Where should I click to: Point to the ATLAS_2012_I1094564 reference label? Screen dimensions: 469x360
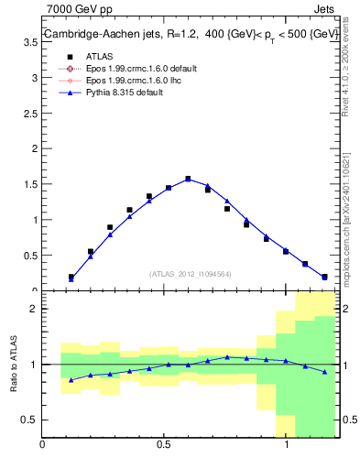pyautogui.click(x=190, y=273)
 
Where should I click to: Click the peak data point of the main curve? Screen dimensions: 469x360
pyautogui.click(x=188, y=179)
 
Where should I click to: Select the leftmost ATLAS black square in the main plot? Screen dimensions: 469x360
pyautogui.click(x=71, y=277)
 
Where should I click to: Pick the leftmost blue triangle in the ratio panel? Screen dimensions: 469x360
pyautogui.click(x=71, y=379)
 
